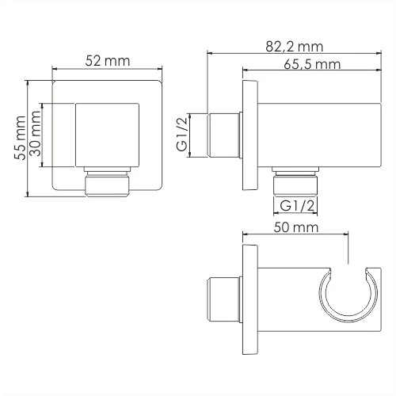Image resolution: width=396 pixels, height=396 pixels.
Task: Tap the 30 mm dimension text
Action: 35,135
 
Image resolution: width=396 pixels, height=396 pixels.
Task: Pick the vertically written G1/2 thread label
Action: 182,136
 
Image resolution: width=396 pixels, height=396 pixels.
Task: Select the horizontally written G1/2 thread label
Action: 295,206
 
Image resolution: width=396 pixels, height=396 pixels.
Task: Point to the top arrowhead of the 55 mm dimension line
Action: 28,82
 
